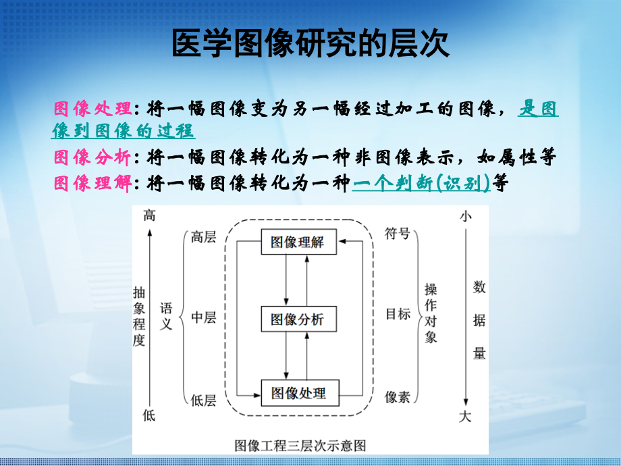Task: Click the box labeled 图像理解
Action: [298, 242]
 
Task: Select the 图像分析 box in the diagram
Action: [298, 319]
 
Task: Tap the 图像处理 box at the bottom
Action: [298, 393]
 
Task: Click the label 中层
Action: [203, 317]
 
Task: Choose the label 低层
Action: [203, 400]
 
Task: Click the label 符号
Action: [398, 234]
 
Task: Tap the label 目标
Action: [398, 314]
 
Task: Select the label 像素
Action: [398, 397]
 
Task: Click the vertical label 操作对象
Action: [431, 313]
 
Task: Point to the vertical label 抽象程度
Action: [139, 316]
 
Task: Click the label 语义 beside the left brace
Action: [166, 316]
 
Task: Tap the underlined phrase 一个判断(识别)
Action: [422, 183]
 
